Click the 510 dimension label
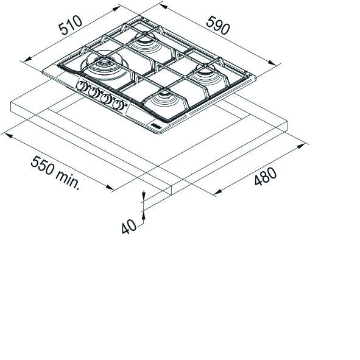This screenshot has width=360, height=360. pos(70,25)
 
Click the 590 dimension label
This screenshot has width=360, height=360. pos(218,25)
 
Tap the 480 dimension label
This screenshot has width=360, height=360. pos(266,176)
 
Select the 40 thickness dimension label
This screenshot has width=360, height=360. pos(129,227)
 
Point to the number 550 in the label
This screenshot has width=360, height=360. pos(43,164)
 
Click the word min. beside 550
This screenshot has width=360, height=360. pos(68,180)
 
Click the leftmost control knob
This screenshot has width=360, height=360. pos(81,86)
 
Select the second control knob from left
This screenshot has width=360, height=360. pos(93,93)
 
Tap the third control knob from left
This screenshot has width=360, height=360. pos(106,99)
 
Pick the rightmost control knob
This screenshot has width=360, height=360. pos(118,105)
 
